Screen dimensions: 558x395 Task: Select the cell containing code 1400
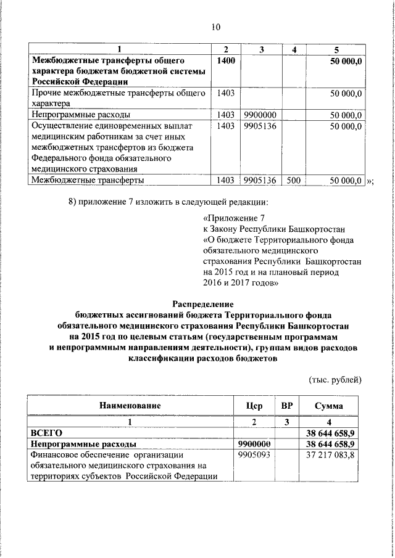tap(226, 60)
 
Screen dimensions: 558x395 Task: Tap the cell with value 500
tap(293, 181)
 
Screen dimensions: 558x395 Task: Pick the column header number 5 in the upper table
tap(336, 49)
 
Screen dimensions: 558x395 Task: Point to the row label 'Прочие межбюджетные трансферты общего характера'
tap(117, 98)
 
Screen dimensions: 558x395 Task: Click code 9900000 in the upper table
tap(259, 115)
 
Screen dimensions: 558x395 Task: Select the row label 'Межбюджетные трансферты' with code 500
tap(88, 181)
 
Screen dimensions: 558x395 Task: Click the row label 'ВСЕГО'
tap(47, 433)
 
